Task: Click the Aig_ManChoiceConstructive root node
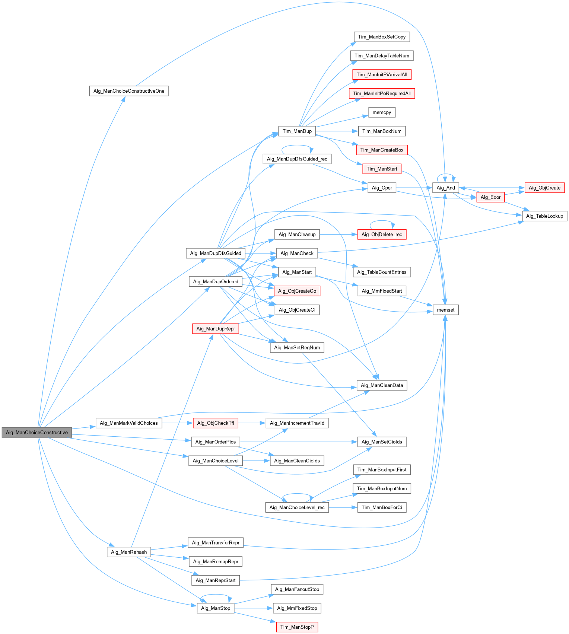coord(37,432)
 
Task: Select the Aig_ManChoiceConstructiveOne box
coord(129,91)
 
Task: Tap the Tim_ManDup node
coord(297,131)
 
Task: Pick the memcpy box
coord(382,112)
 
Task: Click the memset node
coord(445,310)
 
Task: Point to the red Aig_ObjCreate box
coord(544,188)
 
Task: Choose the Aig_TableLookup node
coord(544,216)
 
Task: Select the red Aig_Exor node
coord(490,197)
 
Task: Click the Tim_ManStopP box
coord(297,627)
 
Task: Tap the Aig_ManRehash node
coord(129,552)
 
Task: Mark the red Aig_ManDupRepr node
coord(216,328)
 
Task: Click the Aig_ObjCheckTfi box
coord(216,423)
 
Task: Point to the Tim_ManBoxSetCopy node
coord(382,37)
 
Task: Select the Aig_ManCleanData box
coord(382,385)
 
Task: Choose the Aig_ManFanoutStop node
coord(297,589)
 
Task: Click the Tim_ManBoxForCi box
coord(382,507)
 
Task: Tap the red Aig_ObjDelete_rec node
coord(382,235)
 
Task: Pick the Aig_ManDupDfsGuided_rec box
coord(297,159)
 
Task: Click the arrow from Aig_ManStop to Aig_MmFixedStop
coord(254,608)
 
